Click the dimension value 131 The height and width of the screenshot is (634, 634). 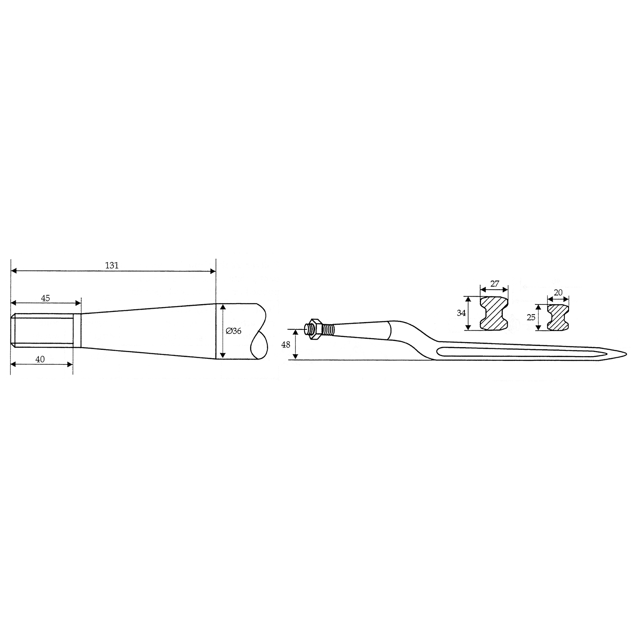point(112,265)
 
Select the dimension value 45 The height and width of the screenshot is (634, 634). point(45,298)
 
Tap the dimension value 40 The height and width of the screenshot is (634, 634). point(40,359)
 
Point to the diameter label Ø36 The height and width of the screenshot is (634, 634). point(234,331)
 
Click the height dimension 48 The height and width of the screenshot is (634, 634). point(286,345)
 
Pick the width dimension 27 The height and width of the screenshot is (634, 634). point(495,284)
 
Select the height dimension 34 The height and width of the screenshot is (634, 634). point(461,313)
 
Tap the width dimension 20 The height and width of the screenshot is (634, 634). point(558,292)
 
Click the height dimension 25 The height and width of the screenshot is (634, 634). point(531,317)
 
